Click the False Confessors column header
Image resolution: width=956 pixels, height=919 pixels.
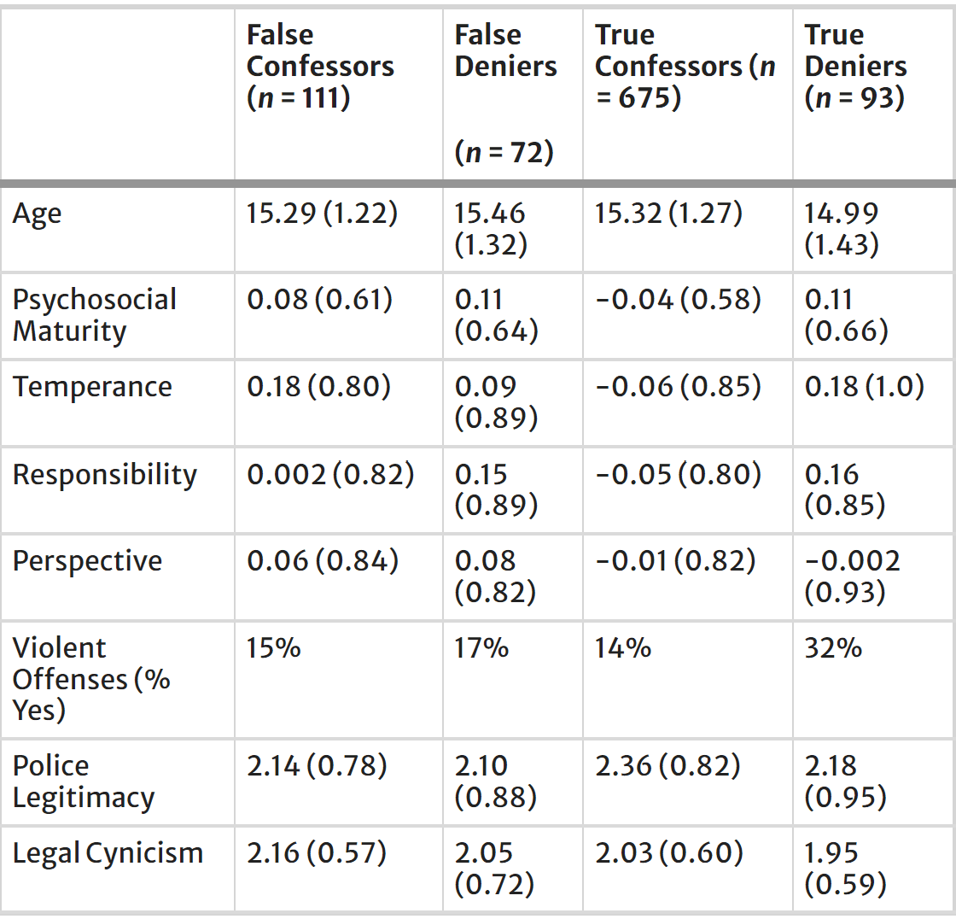pyautogui.click(x=320, y=67)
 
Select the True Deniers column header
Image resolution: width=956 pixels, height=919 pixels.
pyautogui.click(x=854, y=67)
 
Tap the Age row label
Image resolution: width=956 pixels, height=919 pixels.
pyautogui.click(x=37, y=214)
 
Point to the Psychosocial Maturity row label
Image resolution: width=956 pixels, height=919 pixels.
pyautogui.click(x=94, y=315)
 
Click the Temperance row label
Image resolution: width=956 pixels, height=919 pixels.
pyautogui.click(x=92, y=387)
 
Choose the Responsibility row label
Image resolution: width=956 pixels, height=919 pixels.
pyautogui.click(x=104, y=475)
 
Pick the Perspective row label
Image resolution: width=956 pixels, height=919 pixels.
pyautogui.click(x=87, y=561)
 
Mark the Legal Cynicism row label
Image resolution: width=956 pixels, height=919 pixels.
pyautogui.click(x=108, y=853)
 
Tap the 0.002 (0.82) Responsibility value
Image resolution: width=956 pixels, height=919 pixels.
pyautogui.click(x=330, y=475)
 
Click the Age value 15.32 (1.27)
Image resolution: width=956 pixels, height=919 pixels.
pyautogui.click(x=668, y=214)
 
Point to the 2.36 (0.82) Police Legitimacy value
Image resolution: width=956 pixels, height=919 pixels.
pyautogui.click(x=667, y=766)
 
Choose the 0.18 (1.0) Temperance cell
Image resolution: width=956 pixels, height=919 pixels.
pyautogui.click(x=864, y=387)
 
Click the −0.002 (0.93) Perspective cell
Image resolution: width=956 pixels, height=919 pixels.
pyautogui.click(x=852, y=577)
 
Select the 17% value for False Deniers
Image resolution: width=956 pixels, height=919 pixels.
pyautogui.click(x=481, y=648)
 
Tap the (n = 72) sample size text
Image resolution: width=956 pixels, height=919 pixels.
pyautogui.click(x=504, y=152)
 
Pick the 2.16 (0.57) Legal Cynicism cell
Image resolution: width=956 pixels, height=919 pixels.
pyautogui.click(x=317, y=853)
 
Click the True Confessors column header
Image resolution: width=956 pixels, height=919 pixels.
pyautogui.click(x=685, y=67)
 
